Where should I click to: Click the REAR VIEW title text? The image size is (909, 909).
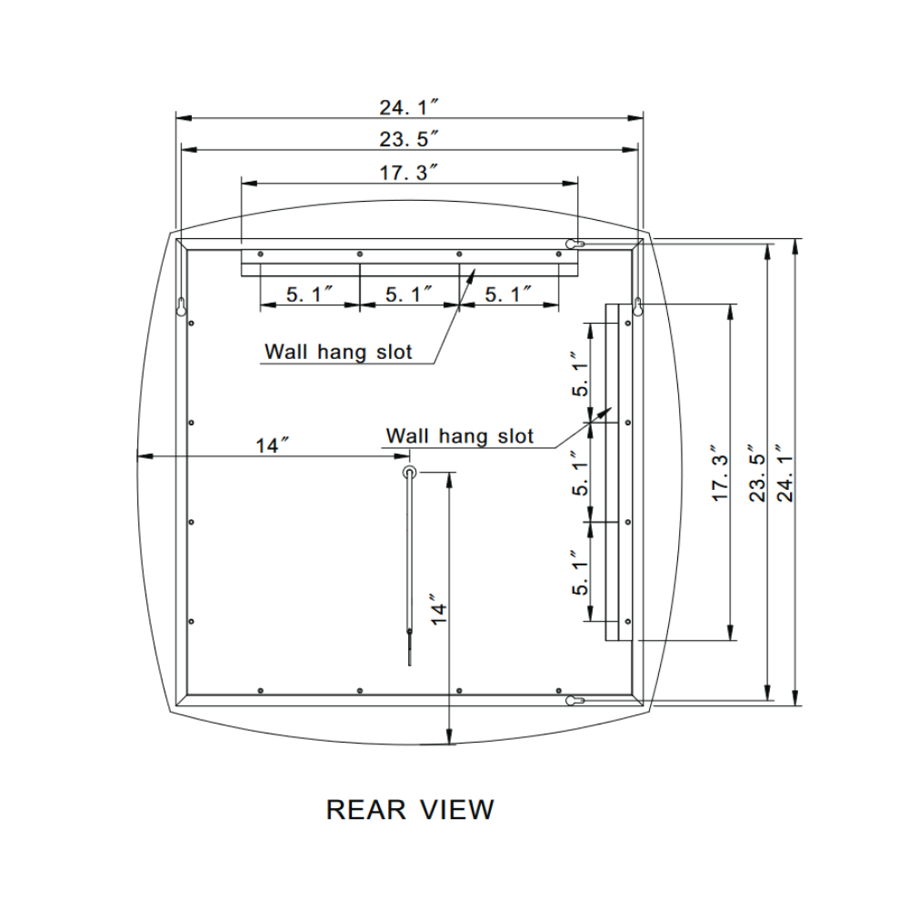(x=410, y=808)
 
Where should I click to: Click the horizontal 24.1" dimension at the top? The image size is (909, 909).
(x=409, y=107)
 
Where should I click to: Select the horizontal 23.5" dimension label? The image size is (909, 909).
(x=409, y=139)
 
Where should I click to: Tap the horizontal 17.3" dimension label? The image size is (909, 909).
(x=409, y=172)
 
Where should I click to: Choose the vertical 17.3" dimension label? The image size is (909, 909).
(x=718, y=473)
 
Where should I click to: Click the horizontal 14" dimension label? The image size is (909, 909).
(x=272, y=445)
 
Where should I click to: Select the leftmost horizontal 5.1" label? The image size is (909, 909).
(x=309, y=295)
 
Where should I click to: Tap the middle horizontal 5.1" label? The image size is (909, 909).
(x=408, y=295)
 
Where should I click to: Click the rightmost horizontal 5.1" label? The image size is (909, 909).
(x=507, y=295)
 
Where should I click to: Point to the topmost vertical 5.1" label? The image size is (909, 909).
(x=579, y=375)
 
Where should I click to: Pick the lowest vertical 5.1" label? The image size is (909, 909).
(x=579, y=573)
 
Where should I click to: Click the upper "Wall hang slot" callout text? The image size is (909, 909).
(x=338, y=352)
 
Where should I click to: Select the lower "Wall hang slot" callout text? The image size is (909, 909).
(x=460, y=436)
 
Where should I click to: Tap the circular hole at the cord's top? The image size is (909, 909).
(x=410, y=472)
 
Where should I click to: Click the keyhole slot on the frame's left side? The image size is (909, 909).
(x=182, y=305)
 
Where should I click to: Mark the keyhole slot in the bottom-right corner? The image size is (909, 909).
(x=574, y=700)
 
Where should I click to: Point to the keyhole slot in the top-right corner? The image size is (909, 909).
(x=574, y=244)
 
